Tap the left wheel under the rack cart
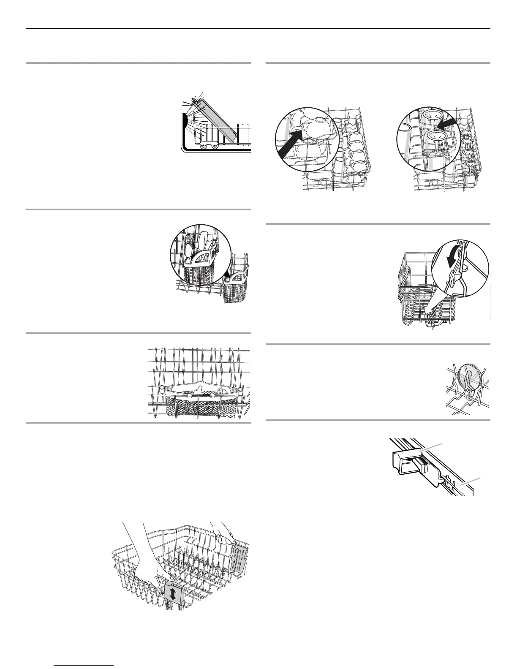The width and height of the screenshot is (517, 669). tap(204, 146)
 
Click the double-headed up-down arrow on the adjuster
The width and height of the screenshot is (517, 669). tap(173, 594)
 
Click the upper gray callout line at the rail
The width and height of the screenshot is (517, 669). tap(432, 448)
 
